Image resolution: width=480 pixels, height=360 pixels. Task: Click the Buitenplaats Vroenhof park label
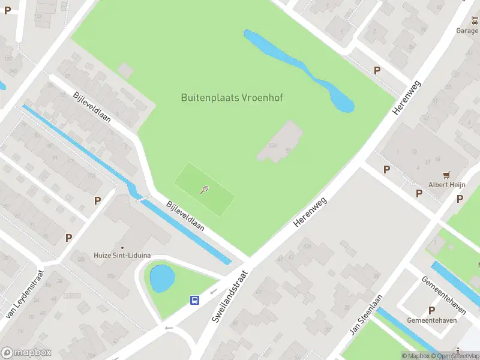(x=232, y=97)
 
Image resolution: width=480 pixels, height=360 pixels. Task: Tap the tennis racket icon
(x=205, y=190)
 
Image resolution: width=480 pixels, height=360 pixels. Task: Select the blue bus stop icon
(x=195, y=300)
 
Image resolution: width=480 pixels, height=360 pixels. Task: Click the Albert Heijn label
(x=446, y=185)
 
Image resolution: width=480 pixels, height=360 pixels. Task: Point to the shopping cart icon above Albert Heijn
(x=446, y=175)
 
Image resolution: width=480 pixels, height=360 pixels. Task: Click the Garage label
(x=467, y=31)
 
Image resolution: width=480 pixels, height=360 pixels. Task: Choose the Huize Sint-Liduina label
(x=122, y=255)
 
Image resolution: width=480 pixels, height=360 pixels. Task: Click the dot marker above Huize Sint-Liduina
(x=122, y=247)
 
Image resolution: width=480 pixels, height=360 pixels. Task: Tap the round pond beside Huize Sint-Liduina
(x=162, y=278)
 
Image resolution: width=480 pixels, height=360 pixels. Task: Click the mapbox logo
(x=26, y=353)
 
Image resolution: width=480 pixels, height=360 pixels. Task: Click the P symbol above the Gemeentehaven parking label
(x=431, y=310)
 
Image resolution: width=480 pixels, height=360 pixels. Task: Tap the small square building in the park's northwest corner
(x=126, y=70)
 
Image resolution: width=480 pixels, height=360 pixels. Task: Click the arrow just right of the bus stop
(x=213, y=292)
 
